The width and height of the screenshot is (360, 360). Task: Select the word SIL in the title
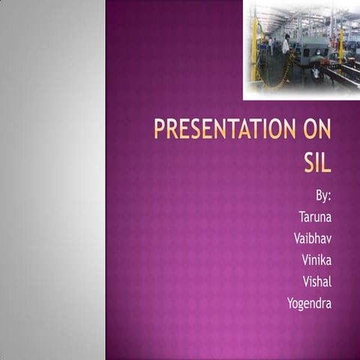coord(316,161)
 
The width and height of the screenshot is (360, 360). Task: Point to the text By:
coord(323,196)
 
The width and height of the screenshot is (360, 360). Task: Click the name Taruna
coord(315,217)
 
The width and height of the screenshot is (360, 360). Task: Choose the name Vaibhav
coord(313,239)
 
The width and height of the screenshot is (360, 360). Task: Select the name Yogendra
coord(309,304)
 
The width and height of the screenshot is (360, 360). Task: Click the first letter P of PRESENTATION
coord(159,130)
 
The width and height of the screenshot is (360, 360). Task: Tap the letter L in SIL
coord(326,161)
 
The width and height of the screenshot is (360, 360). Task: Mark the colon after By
coord(329,197)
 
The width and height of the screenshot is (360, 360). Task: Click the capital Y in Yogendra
coord(291,303)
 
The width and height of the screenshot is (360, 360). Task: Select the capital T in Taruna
coord(302,217)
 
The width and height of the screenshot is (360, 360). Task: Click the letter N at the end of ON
coord(325,130)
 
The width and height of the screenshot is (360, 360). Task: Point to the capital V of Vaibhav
coord(299,239)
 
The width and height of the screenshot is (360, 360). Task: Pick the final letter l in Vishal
coord(330,281)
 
